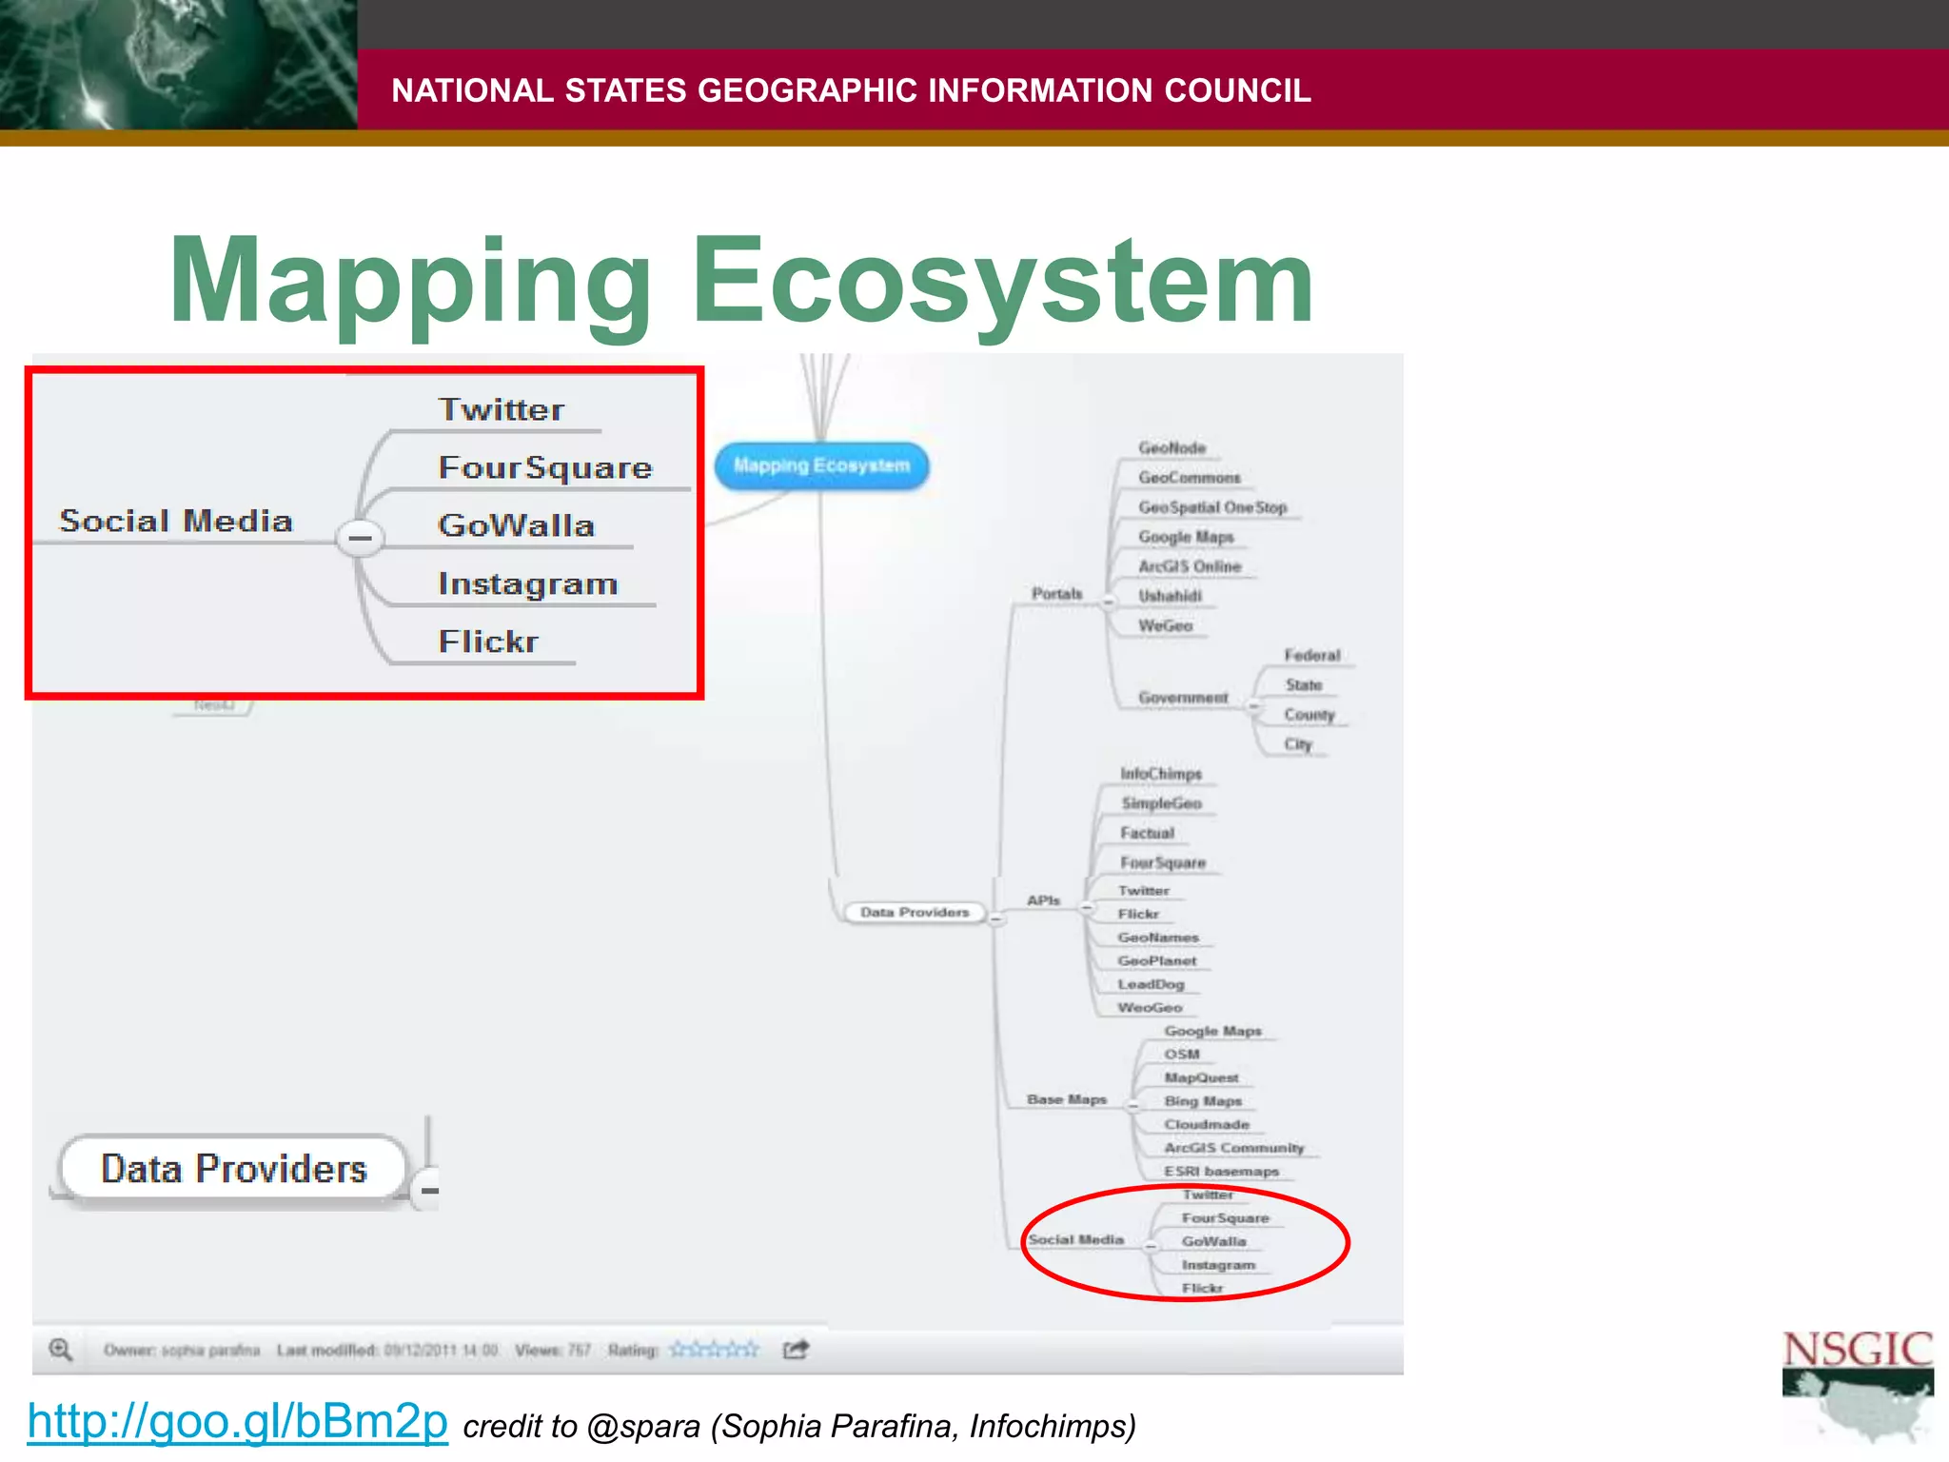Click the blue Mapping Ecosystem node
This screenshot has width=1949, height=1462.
(821, 465)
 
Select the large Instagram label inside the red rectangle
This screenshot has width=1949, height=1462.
(527, 583)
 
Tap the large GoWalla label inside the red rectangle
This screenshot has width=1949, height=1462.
(516, 525)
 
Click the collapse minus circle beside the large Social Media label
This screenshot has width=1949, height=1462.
(360, 538)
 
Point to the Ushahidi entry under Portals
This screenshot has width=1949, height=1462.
(1170, 596)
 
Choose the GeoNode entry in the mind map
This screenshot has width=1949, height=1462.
(1171, 447)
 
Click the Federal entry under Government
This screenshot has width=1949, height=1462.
(1311, 655)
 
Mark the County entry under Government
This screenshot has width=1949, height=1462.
(1309, 714)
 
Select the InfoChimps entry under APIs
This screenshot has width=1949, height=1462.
(1160, 774)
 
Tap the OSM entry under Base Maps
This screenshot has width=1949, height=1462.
(1181, 1054)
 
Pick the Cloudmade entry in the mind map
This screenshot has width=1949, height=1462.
(1206, 1124)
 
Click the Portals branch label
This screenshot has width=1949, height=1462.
(1056, 593)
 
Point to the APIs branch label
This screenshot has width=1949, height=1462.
(1043, 899)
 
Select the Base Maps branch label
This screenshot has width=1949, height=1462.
(1066, 1099)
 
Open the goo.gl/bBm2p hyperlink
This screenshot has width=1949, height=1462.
(237, 1421)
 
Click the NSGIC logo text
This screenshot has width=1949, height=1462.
(1857, 1350)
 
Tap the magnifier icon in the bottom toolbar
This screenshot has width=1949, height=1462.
(60, 1350)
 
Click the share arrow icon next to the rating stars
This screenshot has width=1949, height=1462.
(795, 1350)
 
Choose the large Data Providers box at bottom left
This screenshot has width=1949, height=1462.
(233, 1169)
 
